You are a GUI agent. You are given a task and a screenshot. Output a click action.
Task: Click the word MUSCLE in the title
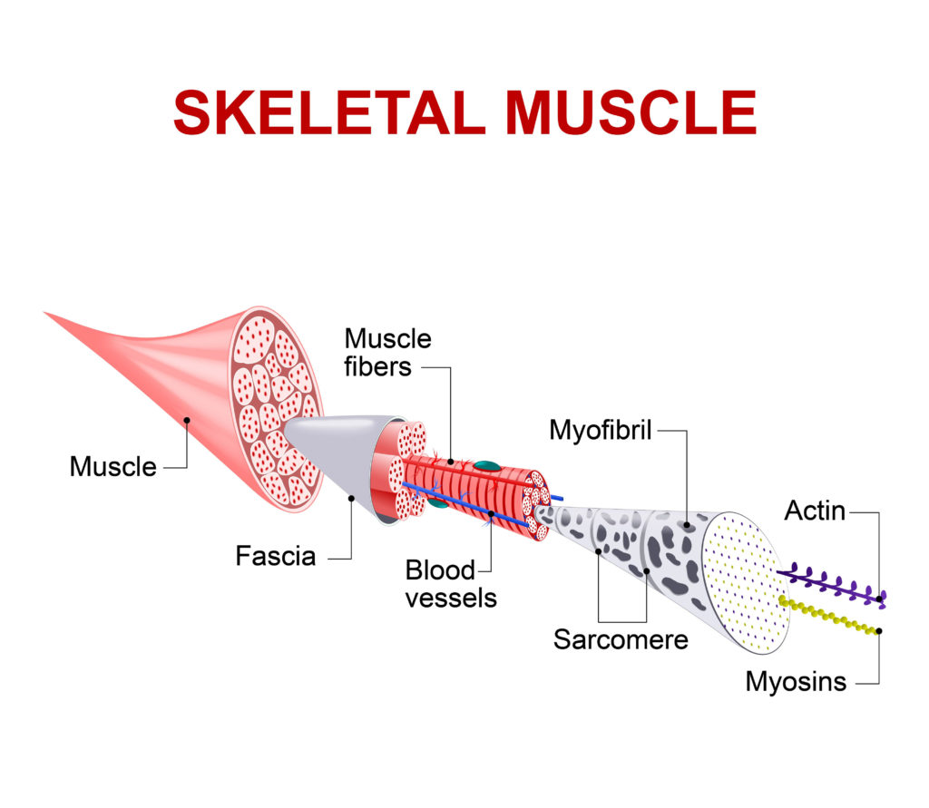(x=631, y=112)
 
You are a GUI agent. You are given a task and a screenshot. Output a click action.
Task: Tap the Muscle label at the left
(x=112, y=467)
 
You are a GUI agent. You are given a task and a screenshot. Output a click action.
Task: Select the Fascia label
(x=276, y=556)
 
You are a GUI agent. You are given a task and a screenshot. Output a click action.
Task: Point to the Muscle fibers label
(x=387, y=353)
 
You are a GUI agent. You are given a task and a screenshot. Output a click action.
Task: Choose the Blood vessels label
(x=451, y=584)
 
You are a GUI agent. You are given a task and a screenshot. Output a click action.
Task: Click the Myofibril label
(x=601, y=431)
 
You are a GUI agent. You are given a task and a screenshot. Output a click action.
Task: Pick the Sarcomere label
(x=621, y=639)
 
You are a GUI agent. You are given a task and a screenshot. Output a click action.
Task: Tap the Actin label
(x=815, y=511)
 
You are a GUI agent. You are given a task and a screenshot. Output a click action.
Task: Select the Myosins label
(x=796, y=682)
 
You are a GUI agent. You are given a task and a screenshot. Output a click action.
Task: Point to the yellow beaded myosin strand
(x=829, y=617)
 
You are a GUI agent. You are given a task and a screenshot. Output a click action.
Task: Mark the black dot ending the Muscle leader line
(x=187, y=420)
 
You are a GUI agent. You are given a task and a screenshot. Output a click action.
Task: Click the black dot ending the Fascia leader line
(x=351, y=498)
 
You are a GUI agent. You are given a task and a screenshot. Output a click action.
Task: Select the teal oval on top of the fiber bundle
(x=487, y=466)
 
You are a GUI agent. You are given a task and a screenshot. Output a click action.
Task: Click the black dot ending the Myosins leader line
(x=878, y=631)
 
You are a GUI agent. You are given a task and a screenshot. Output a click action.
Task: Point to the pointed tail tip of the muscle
(x=45, y=312)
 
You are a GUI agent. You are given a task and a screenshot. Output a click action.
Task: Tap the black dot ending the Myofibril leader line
(x=687, y=525)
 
